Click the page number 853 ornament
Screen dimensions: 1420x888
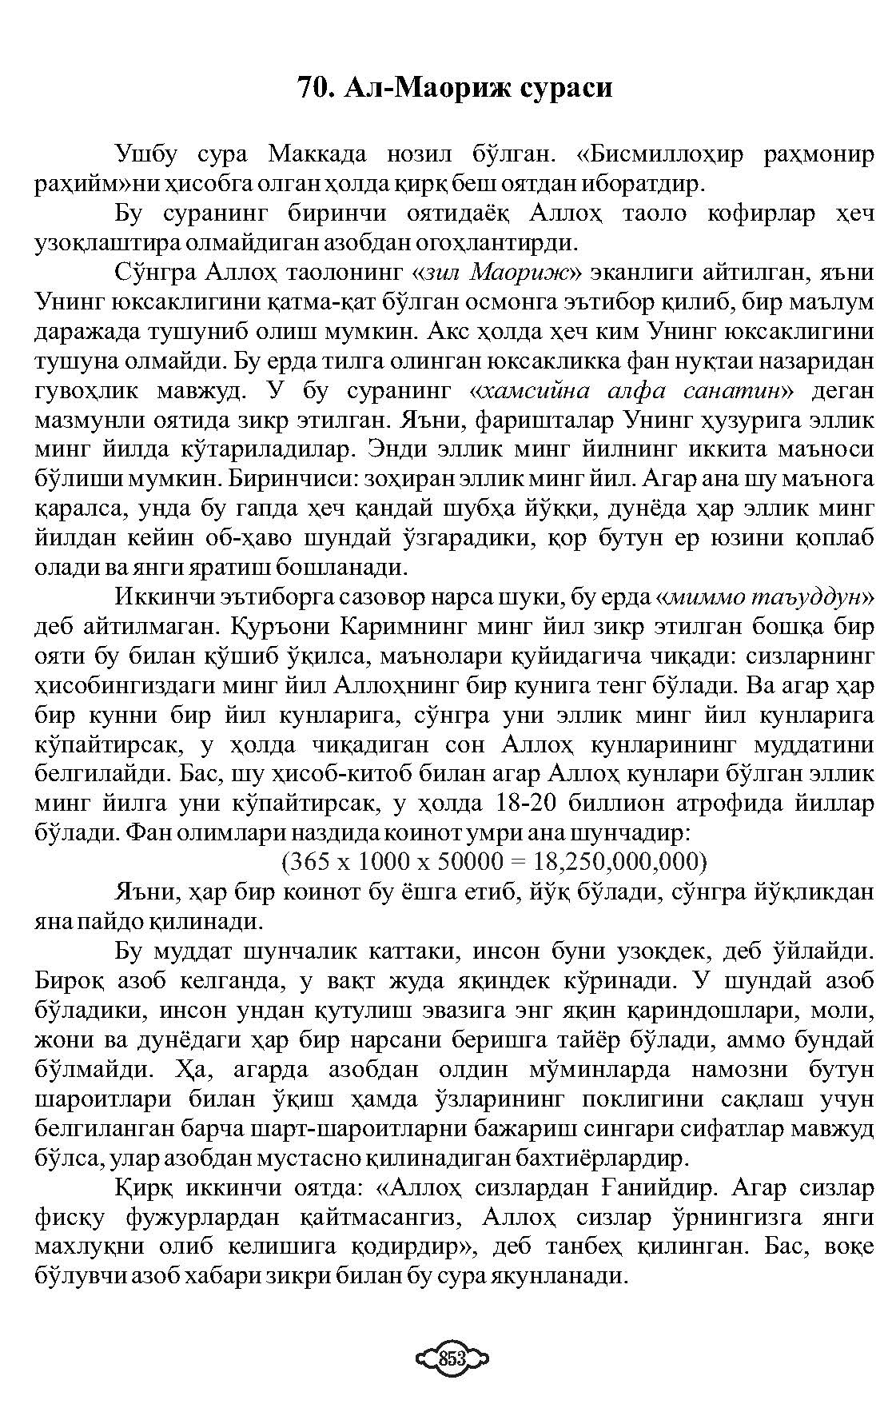coord(452,1358)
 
